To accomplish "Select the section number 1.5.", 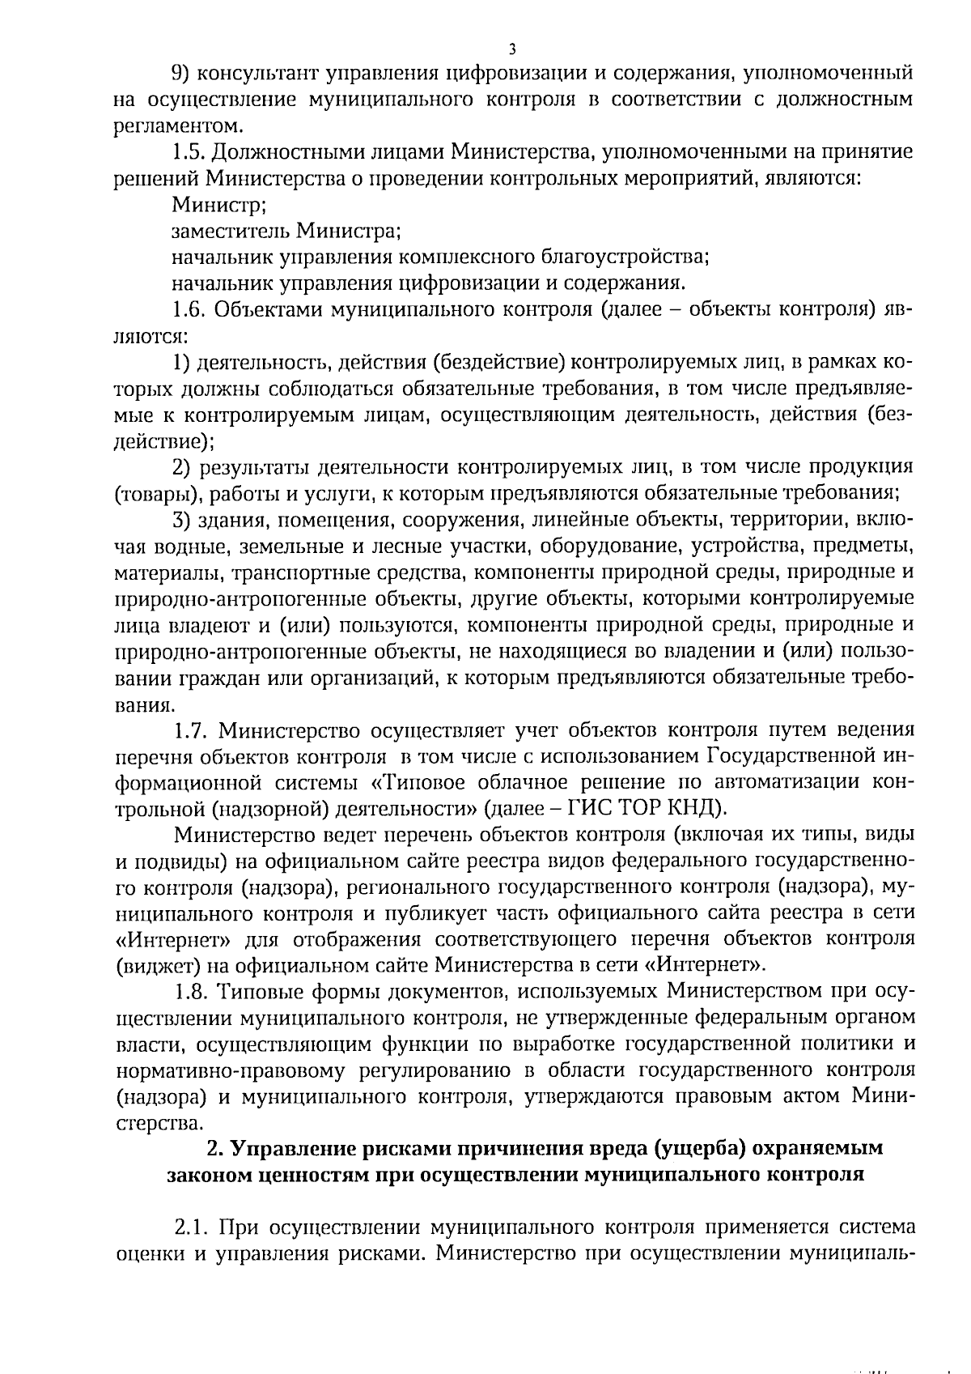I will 189,152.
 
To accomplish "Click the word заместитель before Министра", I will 229,232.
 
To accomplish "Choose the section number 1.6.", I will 189,310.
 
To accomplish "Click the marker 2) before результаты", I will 182,467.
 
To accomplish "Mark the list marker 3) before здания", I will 182,520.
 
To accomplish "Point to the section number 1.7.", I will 189,730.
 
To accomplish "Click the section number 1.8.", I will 189,992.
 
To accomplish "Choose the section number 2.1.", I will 189,1227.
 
